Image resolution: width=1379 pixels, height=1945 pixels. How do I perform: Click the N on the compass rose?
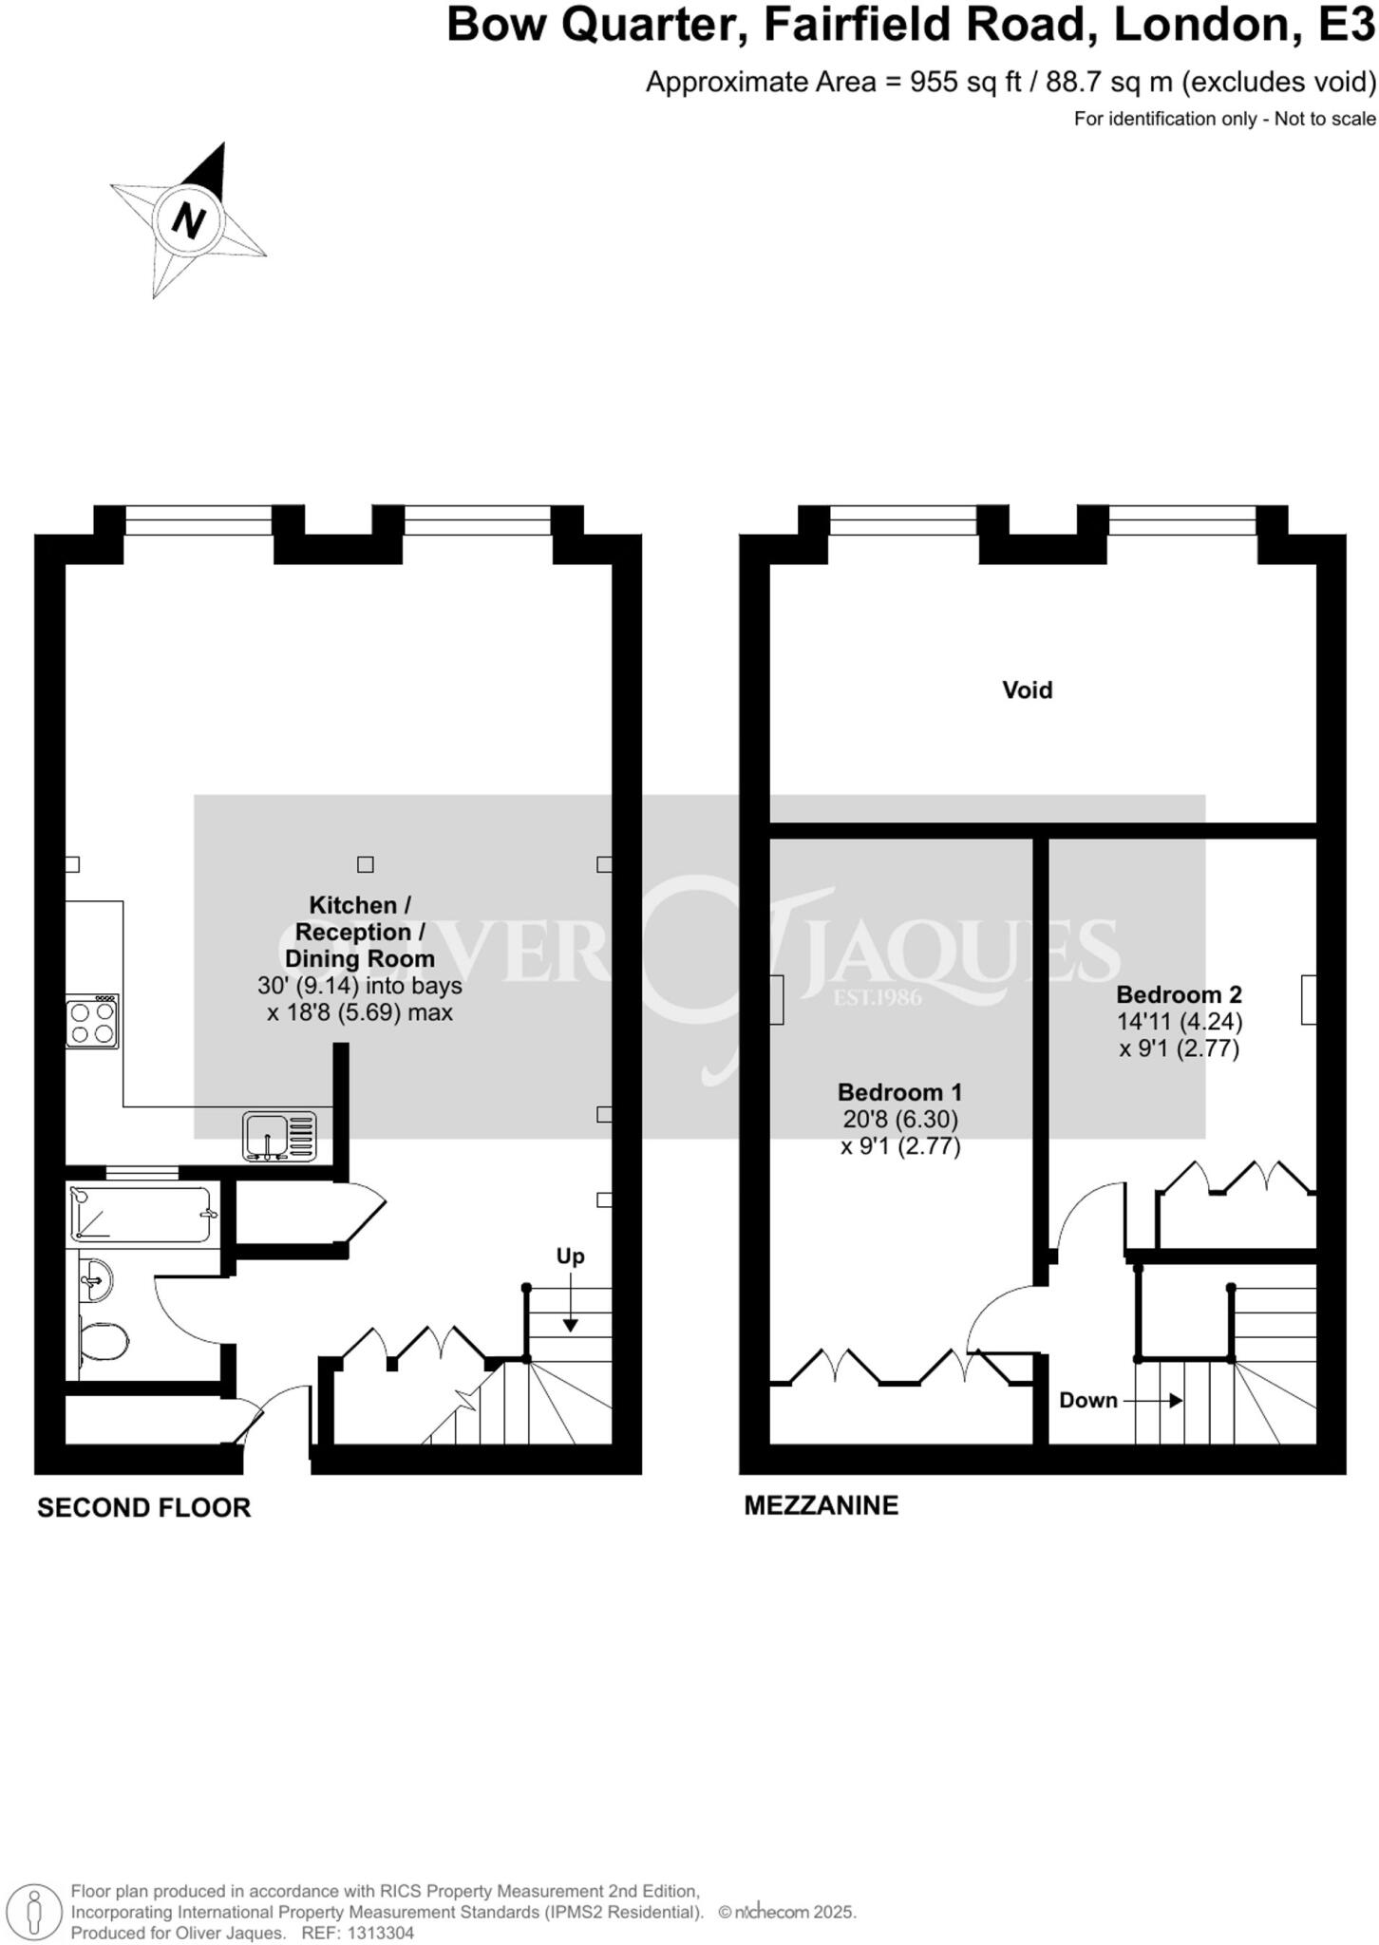[x=189, y=220]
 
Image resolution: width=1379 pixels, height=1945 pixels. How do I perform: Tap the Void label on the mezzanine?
[x=1027, y=689]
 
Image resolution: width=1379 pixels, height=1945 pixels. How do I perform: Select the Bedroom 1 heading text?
[x=899, y=1092]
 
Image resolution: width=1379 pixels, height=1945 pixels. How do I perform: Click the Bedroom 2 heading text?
[x=1179, y=994]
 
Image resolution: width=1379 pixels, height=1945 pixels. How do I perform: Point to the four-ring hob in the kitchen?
[x=92, y=1021]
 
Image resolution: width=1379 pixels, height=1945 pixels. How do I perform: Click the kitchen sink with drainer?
[x=279, y=1136]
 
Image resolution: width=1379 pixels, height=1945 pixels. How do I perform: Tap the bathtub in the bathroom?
[x=141, y=1214]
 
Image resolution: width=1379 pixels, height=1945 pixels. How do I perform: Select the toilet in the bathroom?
[x=103, y=1343]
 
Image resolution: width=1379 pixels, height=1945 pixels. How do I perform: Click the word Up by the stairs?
[x=570, y=1256]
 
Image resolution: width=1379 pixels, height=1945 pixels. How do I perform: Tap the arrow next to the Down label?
[x=1155, y=1400]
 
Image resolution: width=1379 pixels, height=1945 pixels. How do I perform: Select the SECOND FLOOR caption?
[x=143, y=1507]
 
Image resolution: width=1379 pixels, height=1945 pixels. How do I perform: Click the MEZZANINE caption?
[x=821, y=1505]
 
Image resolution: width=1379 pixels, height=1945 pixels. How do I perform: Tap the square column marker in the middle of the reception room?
[x=365, y=864]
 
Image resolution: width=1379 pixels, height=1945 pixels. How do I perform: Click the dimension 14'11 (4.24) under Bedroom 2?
[x=1179, y=1022]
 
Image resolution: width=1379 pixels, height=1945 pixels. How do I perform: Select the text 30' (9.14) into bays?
[x=359, y=986]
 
